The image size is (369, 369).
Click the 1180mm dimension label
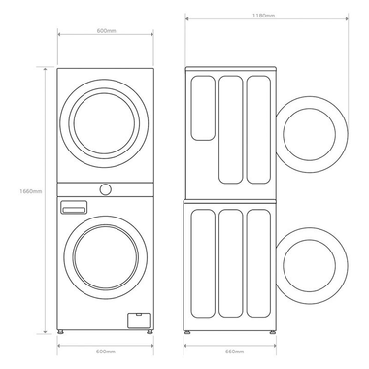[260, 16]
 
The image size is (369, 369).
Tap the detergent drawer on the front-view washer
[75, 207]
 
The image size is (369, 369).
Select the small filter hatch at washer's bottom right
[141, 319]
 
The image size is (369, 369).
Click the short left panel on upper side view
[203, 108]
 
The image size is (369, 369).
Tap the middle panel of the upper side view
[231, 127]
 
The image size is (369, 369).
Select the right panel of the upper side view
[258, 127]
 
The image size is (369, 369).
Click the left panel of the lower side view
[203, 266]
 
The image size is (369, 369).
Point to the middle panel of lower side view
[231, 266]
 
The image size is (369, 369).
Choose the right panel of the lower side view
[258, 266]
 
